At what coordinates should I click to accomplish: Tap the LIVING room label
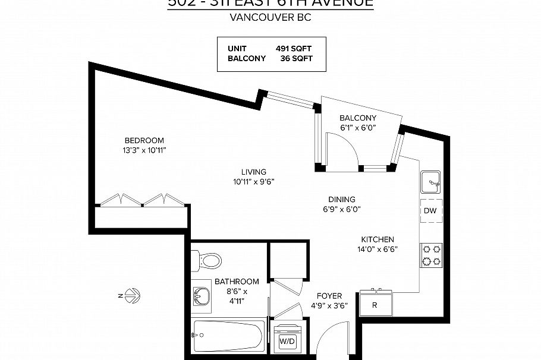click(253, 172)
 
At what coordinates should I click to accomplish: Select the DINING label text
click(342, 199)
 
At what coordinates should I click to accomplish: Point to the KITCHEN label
click(376, 239)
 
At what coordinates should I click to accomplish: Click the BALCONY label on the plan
click(358, 118)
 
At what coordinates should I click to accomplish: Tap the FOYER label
click(329, 295)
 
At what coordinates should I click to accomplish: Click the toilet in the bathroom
click(209, 260)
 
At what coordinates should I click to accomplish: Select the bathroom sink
click(202, 295)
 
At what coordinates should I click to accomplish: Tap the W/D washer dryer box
click(288, 341)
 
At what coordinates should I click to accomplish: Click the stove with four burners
click(432, 255)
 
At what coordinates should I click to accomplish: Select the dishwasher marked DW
click(431, 211)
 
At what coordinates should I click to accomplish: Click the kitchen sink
click(431, 182)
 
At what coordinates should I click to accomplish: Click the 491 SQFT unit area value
click(294, 48)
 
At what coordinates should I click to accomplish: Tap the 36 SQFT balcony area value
click(296, 59)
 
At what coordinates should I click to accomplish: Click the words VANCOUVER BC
click(270, 17)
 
